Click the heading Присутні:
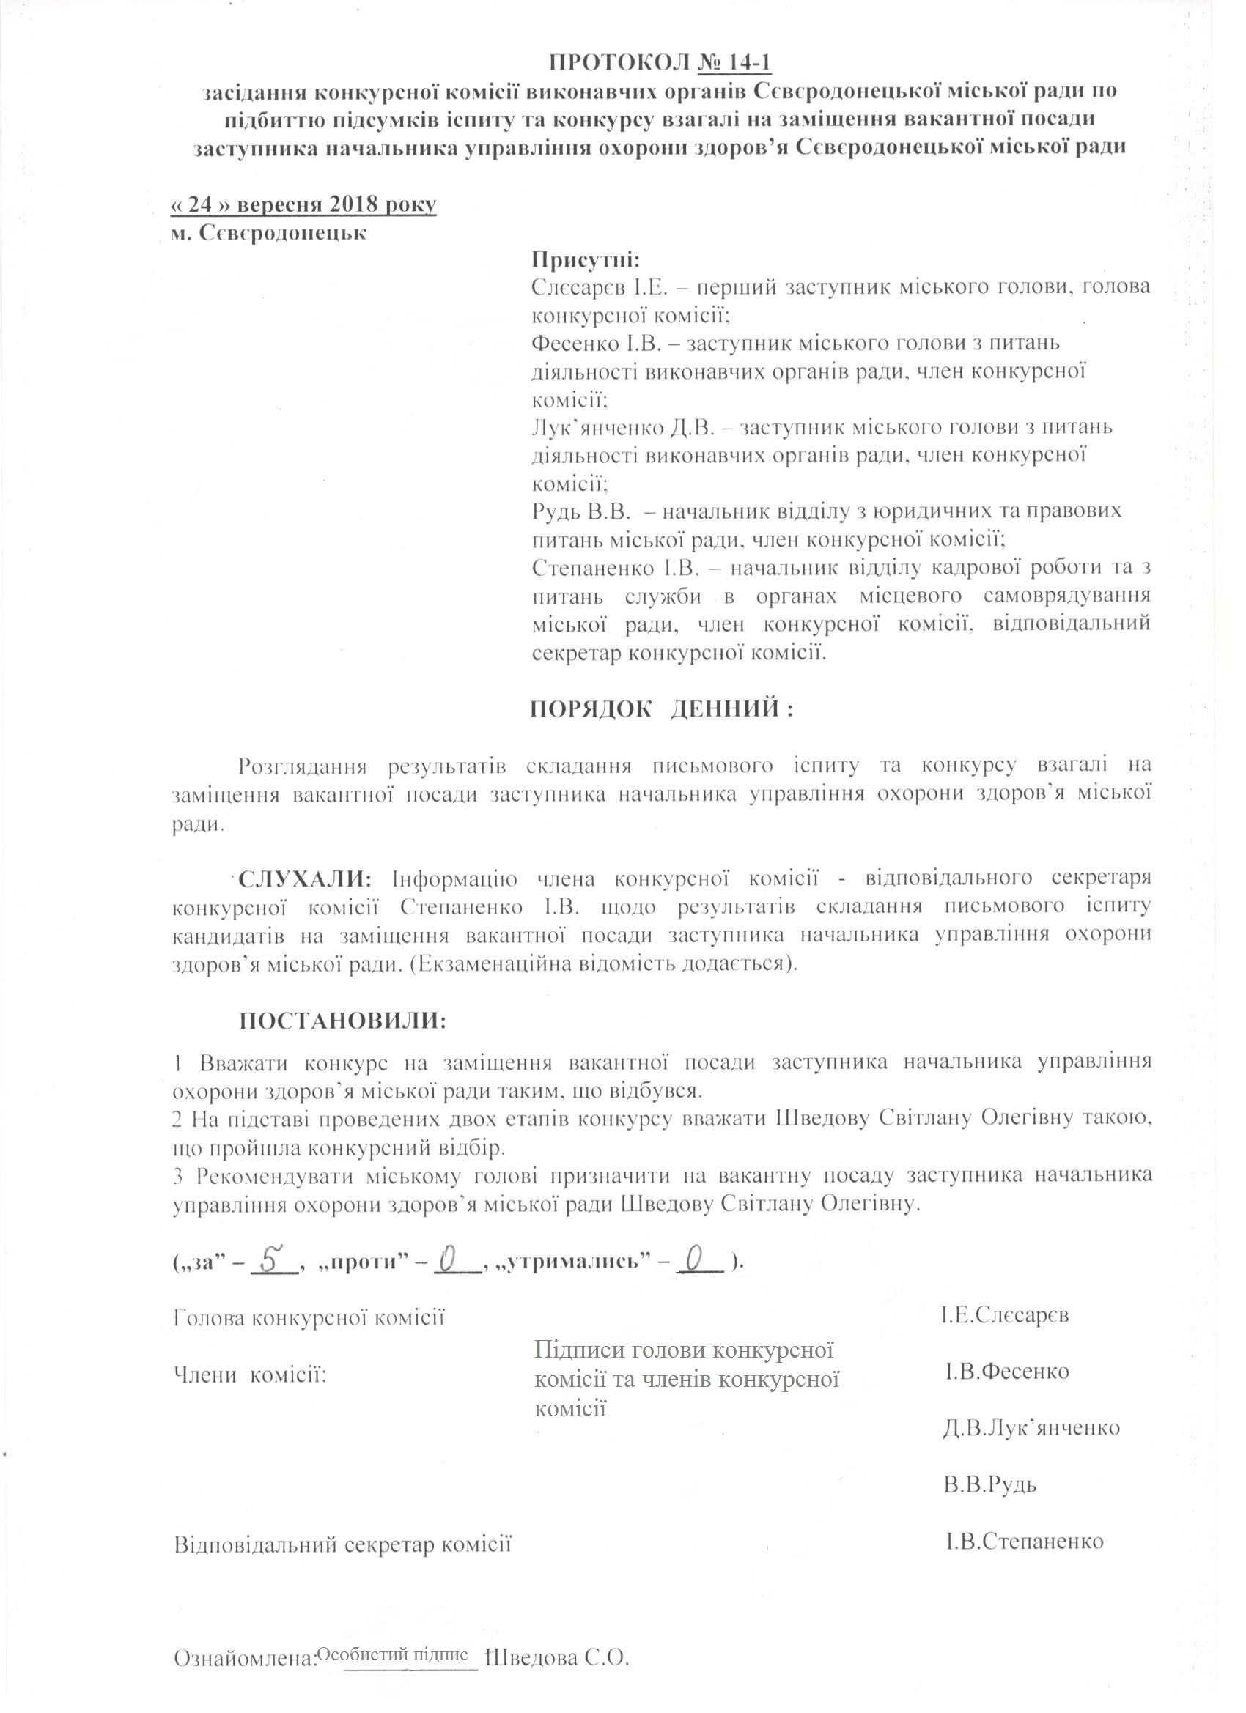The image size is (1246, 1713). click(x=586, y=262)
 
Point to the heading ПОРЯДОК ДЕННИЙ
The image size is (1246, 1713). click(x=660, y=710)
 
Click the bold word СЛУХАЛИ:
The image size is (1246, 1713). click(x=305, y=879)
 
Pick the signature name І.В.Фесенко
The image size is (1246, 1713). click(x=1006, y=1371)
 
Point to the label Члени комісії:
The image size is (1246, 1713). click(x=250, y=1374)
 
